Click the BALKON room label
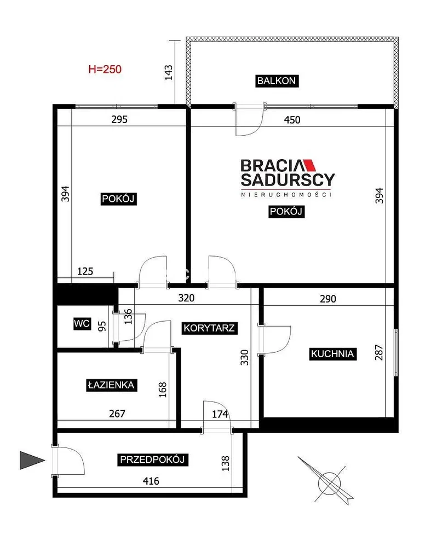click(277, 81)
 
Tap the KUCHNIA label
click(332, 354)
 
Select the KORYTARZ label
click(209, 328)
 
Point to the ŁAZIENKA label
click(111, 385)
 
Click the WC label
click(82, 323)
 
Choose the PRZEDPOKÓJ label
click(152, 459)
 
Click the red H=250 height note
click(105, 69)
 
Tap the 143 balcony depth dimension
click(169, 73)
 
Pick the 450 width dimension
click(292, 120)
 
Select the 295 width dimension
click(119, 120)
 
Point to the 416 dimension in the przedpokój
click(151, 481)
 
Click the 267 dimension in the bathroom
click(117, 414)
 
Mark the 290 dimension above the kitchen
click(328, 299)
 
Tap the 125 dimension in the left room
click(85, 271)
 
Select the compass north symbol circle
click(329, 484)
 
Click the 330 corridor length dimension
click(245, 358)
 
